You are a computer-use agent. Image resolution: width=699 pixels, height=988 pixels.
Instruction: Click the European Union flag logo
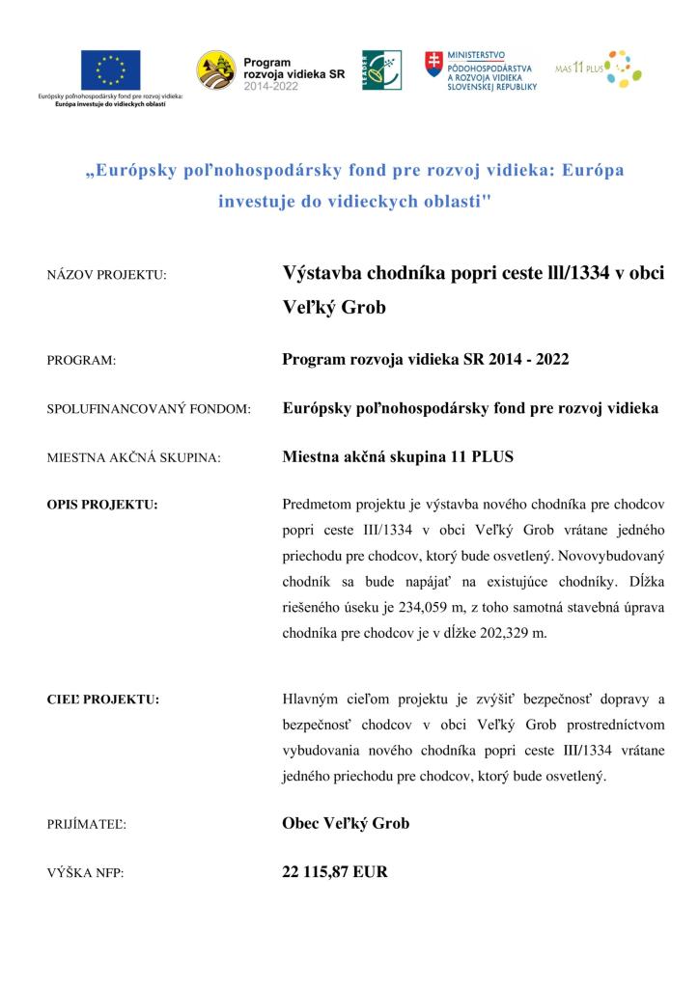111,68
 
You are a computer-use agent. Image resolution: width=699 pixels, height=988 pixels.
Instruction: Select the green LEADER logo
376,69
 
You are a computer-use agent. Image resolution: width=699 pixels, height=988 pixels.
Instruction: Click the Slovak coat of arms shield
434,65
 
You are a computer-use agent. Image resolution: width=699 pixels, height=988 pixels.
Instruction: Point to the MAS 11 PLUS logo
599,69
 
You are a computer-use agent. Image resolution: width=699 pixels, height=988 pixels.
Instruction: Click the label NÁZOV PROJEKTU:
106,275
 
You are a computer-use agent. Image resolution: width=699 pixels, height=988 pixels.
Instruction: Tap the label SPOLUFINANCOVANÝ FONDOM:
149,409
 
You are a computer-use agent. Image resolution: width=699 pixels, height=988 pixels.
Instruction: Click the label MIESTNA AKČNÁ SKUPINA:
133,458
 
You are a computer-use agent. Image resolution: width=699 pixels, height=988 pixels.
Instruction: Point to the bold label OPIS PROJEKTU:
102,504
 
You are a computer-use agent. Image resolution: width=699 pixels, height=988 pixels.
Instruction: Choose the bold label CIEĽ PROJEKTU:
102,698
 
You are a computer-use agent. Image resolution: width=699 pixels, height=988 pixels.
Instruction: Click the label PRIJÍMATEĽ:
87,825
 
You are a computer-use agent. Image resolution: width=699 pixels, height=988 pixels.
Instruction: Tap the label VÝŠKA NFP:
85,873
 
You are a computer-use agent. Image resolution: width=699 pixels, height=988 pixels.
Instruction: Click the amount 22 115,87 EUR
334,872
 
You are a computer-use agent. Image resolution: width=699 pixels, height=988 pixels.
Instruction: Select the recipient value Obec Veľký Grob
346,823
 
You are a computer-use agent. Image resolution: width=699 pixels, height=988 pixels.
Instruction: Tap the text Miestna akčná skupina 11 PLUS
398,457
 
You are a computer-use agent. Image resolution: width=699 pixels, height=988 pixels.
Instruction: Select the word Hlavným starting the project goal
311,699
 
